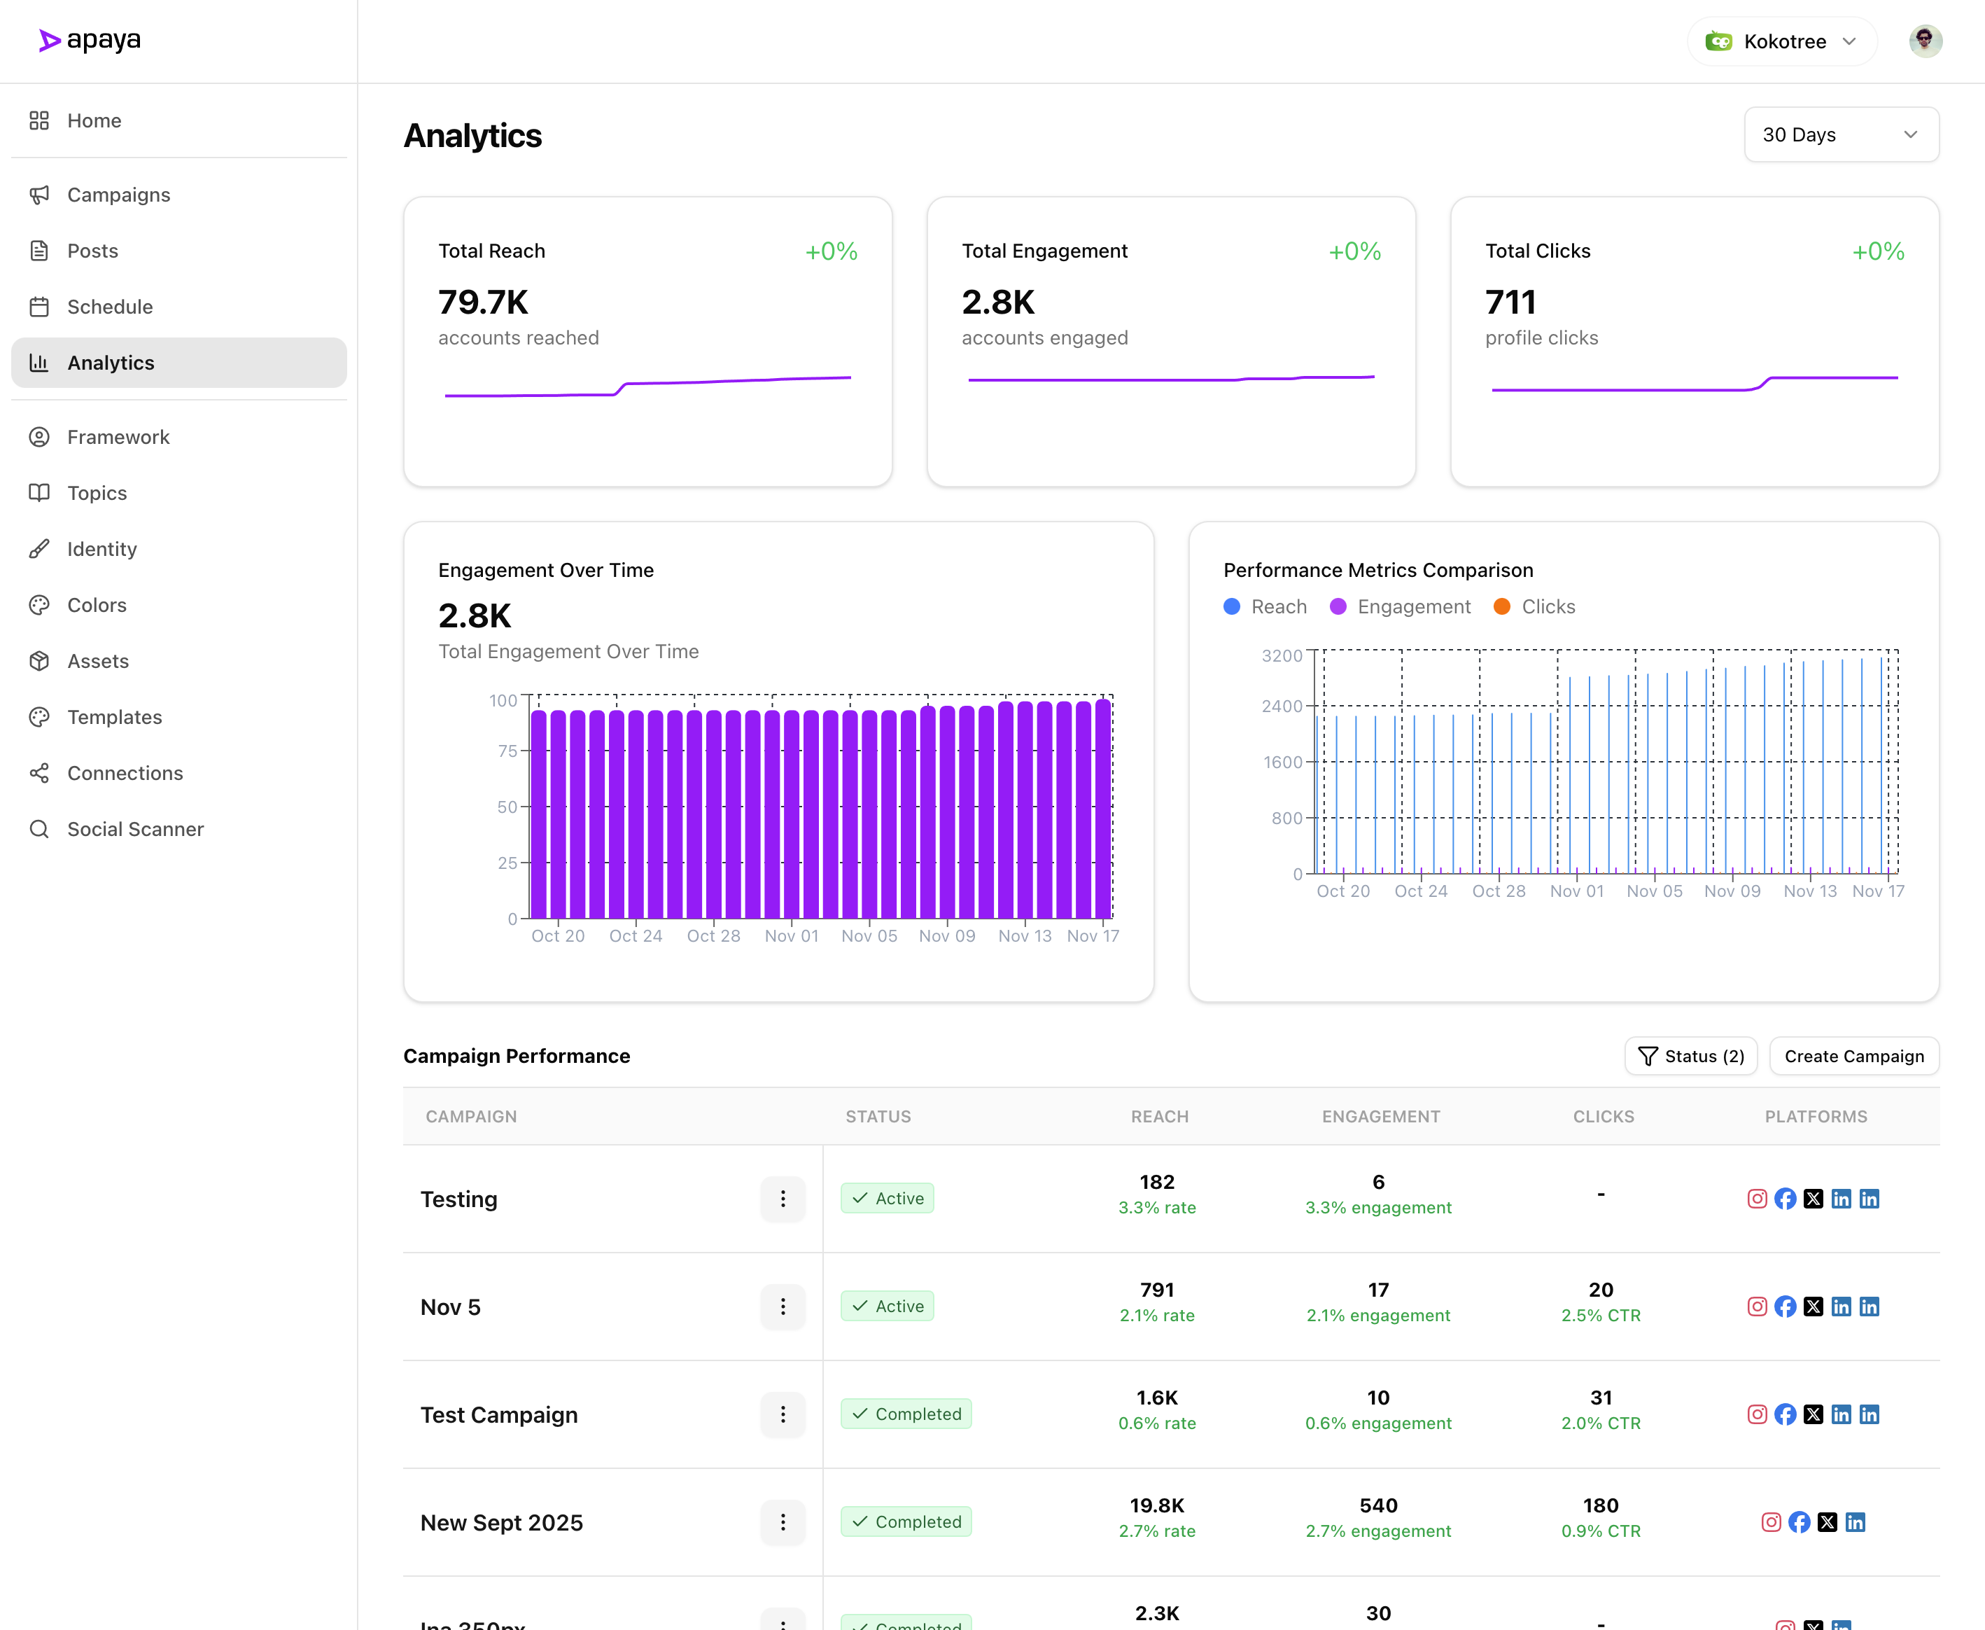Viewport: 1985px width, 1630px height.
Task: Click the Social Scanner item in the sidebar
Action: click(x=134, y=829)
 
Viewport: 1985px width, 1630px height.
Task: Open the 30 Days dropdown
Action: click(x=1841, y=134)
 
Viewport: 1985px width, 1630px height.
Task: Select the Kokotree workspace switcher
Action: click(x=1781, y=41)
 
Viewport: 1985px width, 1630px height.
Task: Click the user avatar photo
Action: click(x=1924, y=41)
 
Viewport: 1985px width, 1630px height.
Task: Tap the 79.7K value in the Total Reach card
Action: click(x=484, y=302)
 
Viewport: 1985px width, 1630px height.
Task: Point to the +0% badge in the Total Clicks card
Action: click(x=1877, y=251)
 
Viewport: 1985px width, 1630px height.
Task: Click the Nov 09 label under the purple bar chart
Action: click(x=946, y=936)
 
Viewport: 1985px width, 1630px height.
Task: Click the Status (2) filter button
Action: click(x=1690, y=1057)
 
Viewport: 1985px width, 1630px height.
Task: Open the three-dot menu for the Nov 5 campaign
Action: click(x=783, y=1306)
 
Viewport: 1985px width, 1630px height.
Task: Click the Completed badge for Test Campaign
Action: click(x=906, y=1414)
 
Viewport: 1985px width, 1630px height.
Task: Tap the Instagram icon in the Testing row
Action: click(x=1757, y=1199)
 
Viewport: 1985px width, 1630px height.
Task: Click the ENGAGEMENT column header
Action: click(x=1380, y=1116)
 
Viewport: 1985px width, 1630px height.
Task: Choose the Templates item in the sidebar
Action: click(x=115, y=718)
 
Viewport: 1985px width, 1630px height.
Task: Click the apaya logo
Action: click(x=90, y=41)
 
